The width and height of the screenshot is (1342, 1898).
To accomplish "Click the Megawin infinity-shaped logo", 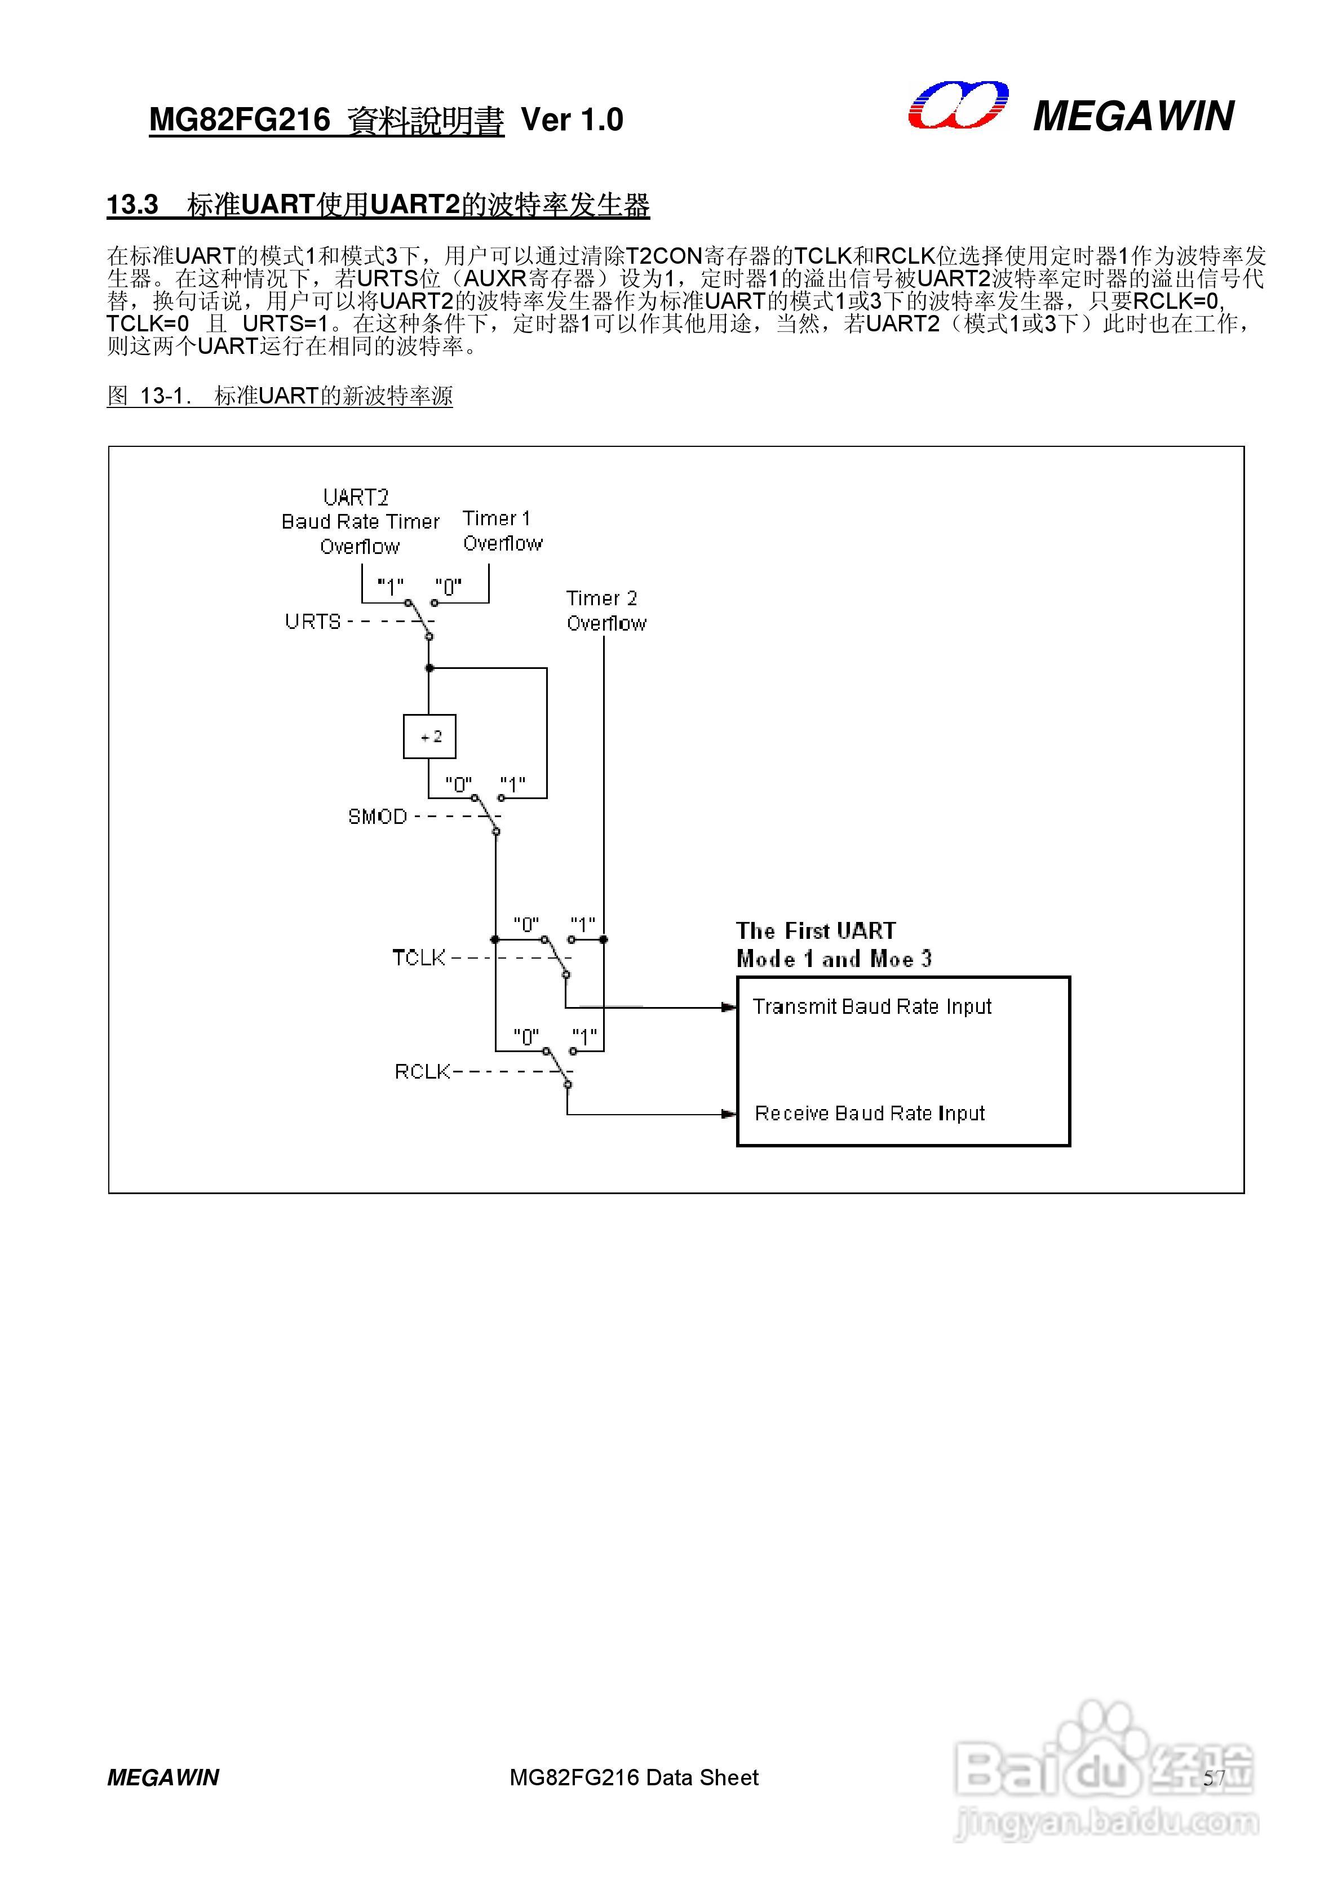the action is (x=958, y=106).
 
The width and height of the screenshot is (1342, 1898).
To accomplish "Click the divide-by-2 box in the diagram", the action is (x=429, y=736).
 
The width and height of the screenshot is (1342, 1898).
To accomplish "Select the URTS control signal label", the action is (x=313, y=621).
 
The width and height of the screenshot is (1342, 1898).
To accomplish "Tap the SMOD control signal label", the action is (x=377, y=817).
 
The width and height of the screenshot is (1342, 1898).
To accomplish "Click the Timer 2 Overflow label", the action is (x=606, y=610).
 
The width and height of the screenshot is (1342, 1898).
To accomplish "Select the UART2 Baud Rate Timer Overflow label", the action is (x=361, y=522).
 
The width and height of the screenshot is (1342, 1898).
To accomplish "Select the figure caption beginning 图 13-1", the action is (x=280, y=396).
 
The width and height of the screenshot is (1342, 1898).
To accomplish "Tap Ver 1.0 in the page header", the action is (x=572, y=120).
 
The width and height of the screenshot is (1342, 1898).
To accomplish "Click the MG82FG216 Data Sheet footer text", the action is (x=634, y=1777).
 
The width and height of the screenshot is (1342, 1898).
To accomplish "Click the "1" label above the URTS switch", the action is (x=390, y=587).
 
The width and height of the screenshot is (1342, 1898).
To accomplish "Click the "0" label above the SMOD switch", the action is (x=458, y=784).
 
